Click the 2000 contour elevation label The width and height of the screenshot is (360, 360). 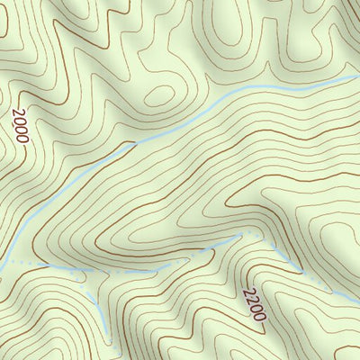21,127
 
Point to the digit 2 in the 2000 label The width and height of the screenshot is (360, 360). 17,113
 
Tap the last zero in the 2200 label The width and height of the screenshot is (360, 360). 261,317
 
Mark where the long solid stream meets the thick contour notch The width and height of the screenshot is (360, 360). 135,143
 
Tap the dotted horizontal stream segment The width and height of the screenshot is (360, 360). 54,267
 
